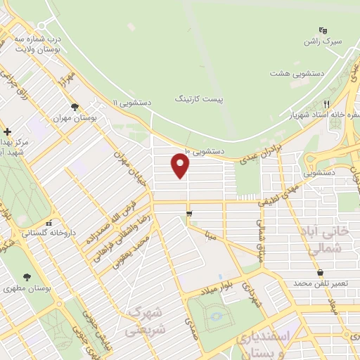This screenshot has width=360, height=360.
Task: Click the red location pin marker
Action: (x=181, y=165)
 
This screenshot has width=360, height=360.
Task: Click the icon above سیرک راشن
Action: (x=323, y=30)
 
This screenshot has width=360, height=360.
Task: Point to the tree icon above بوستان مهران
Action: (x=75, y=108)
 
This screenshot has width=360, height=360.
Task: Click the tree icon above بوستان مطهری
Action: (x=27, y=278)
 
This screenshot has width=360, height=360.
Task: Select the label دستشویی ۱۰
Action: (x=205, y=150)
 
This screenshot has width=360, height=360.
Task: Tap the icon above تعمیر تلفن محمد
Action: (x=320, y=272)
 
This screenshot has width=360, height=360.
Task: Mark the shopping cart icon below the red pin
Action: (x=189, y=213)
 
